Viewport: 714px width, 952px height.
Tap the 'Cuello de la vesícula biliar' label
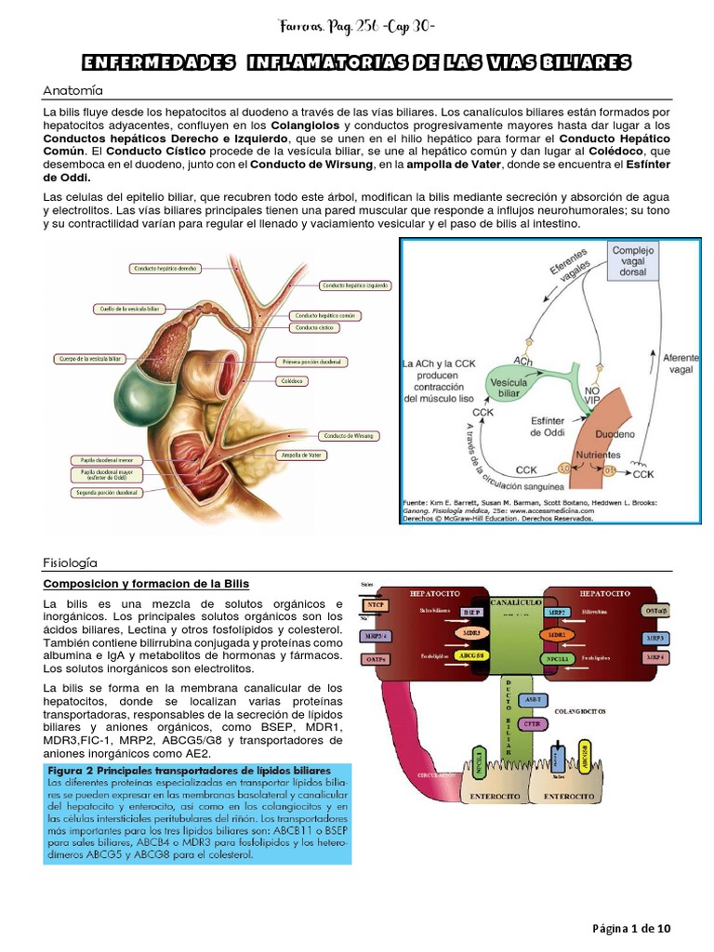129,308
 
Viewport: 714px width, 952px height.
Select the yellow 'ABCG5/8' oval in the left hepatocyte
470,655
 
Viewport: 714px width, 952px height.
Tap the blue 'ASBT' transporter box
533,698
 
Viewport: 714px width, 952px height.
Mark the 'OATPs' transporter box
375,659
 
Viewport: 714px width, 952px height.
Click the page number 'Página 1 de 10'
631,929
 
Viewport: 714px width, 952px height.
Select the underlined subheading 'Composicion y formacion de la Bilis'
146,583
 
